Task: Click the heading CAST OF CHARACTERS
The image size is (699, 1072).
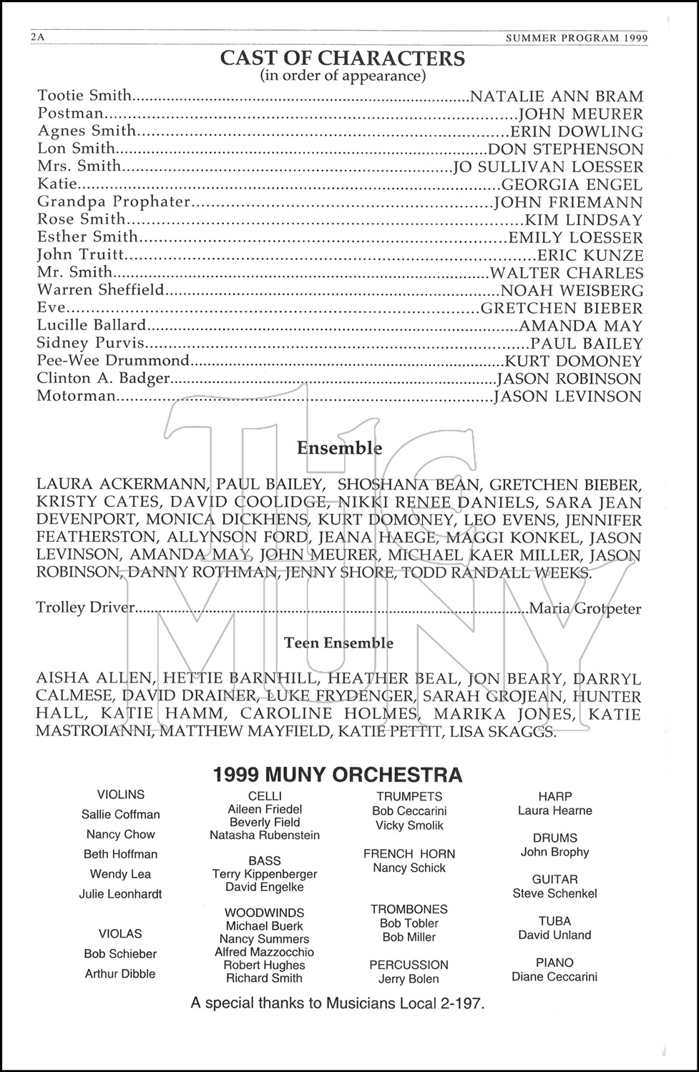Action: tap(342, 58)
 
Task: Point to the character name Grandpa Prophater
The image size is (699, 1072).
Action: tap(114, 202)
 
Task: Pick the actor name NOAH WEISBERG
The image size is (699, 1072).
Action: tap(572, 290)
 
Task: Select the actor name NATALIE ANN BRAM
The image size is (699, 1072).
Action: tap(556, 96)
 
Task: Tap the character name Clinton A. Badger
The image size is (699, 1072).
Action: tap(103, 378)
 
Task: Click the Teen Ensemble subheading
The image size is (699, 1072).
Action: tap(338, 642)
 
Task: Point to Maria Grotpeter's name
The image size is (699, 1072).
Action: tap(585, 609)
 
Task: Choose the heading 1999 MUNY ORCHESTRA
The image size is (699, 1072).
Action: tap(338, 775)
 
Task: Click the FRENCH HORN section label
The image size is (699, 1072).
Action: tap(409, 853)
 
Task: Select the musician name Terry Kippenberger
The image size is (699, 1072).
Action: tap(265, 874)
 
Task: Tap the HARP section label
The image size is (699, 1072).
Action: tap(554, 796)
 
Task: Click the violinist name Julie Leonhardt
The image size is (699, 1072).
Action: tap(120, 894)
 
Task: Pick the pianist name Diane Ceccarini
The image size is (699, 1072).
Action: tap(554, 977)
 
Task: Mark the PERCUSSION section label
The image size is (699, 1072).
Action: tap(409, 965)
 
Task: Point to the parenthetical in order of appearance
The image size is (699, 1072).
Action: tap(343, 76)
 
